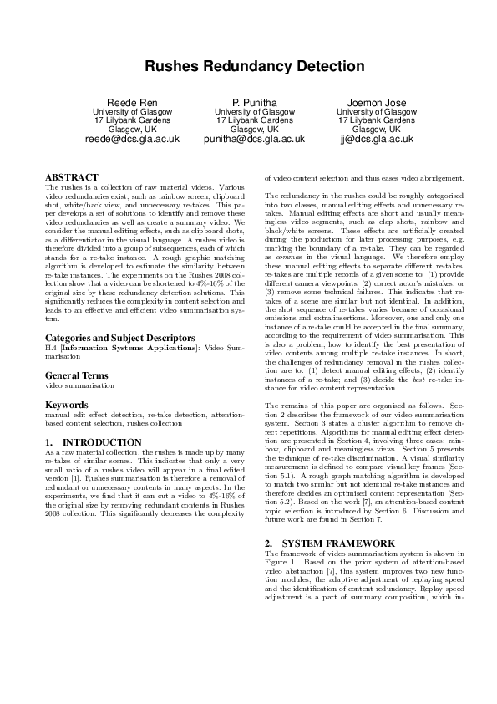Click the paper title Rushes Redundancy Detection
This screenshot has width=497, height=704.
[248, 67]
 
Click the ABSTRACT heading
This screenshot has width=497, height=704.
[71, 177]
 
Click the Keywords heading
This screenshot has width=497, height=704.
[66, 405]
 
